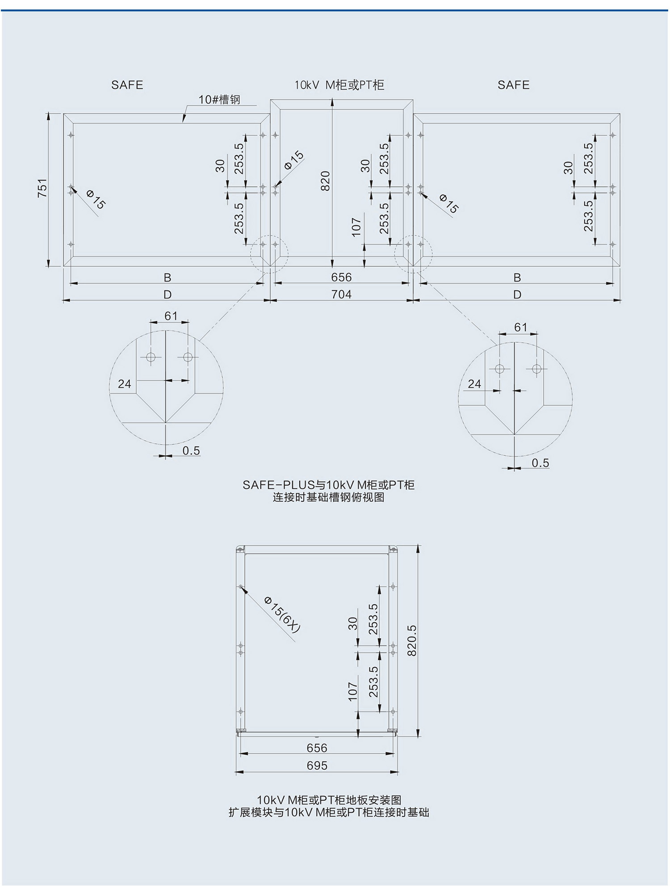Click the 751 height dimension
click(42, 188)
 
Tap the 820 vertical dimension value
click(325, 181)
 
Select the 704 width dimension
click(341, 295)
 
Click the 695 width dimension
click(317, 766)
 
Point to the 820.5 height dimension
click(412, 640)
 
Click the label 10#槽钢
click(219, 100)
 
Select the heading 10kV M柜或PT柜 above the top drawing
click(339, 85)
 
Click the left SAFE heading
click(127, 85)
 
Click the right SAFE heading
click(514, 85)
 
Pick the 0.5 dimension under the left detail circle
click(191, 450)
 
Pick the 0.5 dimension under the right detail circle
click(540, 463)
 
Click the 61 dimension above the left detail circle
click(171, 316)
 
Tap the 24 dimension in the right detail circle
click(474, 384)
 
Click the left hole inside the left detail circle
click(151, 357)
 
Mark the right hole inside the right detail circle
click(537, 369)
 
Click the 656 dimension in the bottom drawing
click(317, 748)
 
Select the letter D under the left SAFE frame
click(167, 295)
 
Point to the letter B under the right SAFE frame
click(517, 278)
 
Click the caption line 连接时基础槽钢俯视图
click(329, 497)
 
